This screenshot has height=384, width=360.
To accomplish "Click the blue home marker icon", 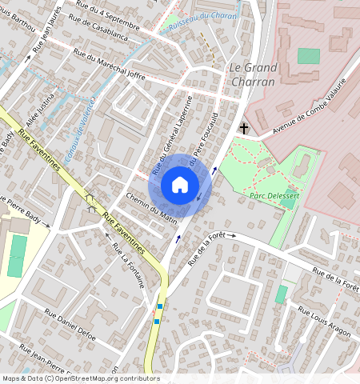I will pyautogui.click(x=180, y=186).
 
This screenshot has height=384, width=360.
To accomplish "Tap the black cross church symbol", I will pyautogui.click(x=244, y=128).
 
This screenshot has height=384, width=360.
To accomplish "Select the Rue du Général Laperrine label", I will pyautogui.click(x=173, y=135).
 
